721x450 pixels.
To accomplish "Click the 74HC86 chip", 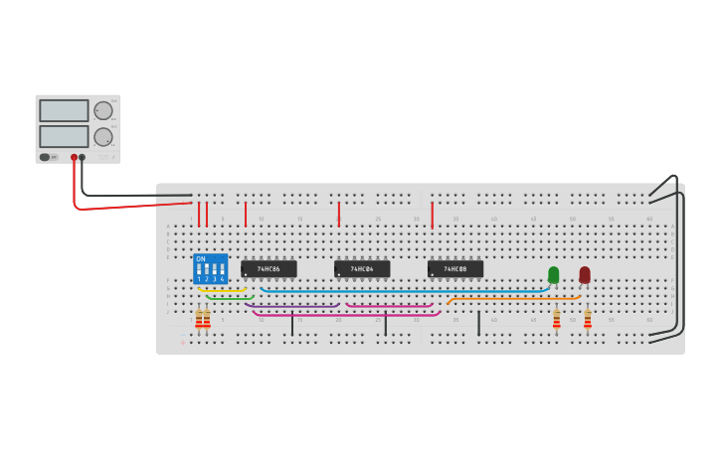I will (x=269, y=269).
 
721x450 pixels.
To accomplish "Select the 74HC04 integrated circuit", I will (x=362, y=269).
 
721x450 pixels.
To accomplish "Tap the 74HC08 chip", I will (x=455, y=269).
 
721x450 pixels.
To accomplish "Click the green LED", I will (x=554, y=274).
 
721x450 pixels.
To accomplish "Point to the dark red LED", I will (x=585, y=274).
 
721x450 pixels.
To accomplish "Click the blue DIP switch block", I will (x=210, y=268).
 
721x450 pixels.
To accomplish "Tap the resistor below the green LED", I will (x=556, y=319).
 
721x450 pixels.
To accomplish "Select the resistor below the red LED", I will (x=587, y=319).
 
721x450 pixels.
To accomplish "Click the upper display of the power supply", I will (x=64, y=110).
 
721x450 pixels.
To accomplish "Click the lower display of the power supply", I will (x=64, y=136).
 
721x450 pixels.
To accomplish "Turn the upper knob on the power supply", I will (x=103, y=110).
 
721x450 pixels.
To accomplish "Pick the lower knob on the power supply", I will (x=103, y=136).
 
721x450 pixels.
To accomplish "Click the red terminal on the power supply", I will (x=74, y=157).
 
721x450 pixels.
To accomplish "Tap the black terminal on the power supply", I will (x=83, y=157).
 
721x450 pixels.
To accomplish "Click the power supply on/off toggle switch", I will (x=45, y=157).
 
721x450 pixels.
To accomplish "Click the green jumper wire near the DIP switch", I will (x=230, y=297).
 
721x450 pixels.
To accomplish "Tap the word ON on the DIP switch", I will (x=201, y=259).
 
